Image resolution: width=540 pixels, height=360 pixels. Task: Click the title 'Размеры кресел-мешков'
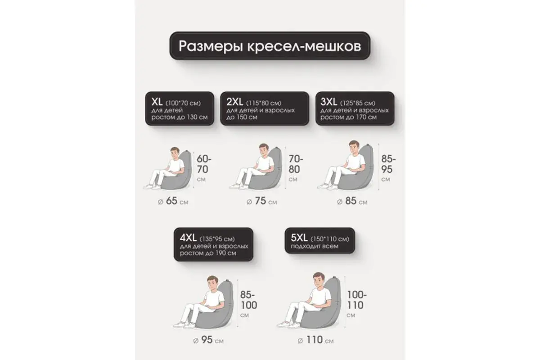270,46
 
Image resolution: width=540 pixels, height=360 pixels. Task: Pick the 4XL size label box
214,245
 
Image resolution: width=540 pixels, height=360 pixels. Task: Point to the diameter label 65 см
171,201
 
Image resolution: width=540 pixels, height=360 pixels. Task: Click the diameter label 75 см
261,202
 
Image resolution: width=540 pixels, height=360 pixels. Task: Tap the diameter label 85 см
351,201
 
